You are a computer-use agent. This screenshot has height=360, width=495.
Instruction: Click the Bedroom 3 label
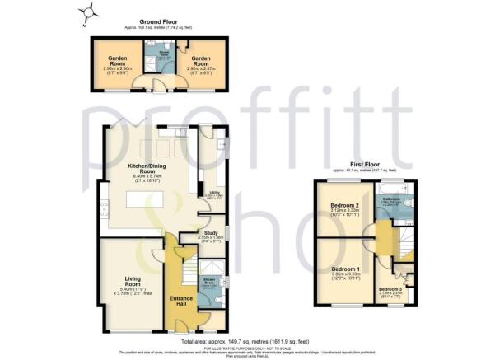point(391,288)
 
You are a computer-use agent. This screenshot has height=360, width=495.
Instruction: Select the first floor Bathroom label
point(390,199)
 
